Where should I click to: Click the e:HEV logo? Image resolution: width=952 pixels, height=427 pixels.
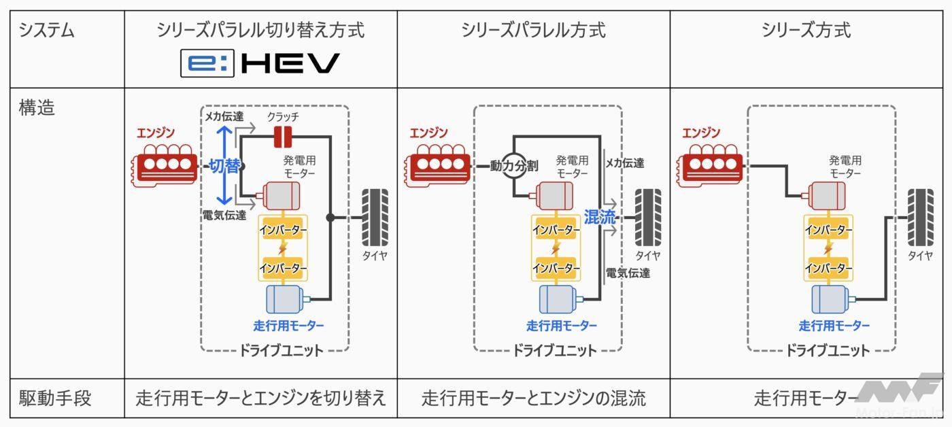(x=260, y=63)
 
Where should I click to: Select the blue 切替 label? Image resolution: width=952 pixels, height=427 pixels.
(x=224, y=166)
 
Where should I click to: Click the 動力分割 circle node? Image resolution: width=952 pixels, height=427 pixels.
(x=514, y=165)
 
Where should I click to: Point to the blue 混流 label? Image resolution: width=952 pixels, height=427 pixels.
(x=599, y=218)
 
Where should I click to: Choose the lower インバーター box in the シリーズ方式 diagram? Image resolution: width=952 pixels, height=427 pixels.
(x=828, y=268)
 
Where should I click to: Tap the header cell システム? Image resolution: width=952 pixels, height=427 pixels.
(x=46, y=31)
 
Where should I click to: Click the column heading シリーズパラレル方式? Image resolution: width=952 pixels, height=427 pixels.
(x=533, y=31)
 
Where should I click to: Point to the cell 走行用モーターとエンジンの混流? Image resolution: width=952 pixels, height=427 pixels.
(x=533, y=398)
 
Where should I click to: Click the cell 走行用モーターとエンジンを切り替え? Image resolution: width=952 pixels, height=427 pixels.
(x=260, y=398)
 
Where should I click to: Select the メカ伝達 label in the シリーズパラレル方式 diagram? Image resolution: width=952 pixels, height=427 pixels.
(x=625, y=163)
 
